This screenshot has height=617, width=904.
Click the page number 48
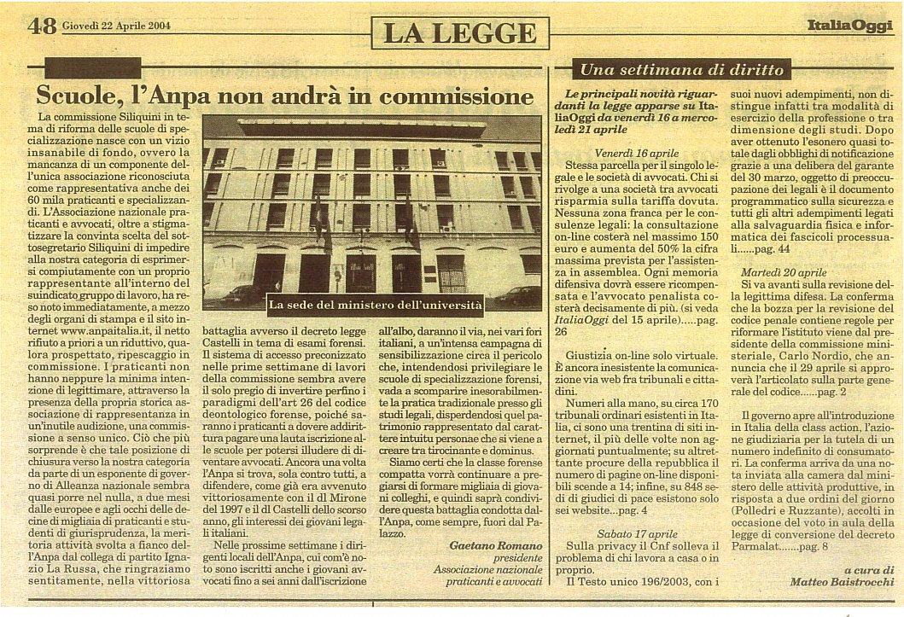point(42,26)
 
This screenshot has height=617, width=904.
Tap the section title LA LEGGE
point(459,33)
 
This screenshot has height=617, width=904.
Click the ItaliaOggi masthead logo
point(849,26)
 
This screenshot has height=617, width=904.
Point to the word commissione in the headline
point(460,95)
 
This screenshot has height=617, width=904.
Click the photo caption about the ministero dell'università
point(376,304)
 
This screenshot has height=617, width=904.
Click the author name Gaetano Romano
point(497,545)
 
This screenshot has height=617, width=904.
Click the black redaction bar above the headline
point(91,68)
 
